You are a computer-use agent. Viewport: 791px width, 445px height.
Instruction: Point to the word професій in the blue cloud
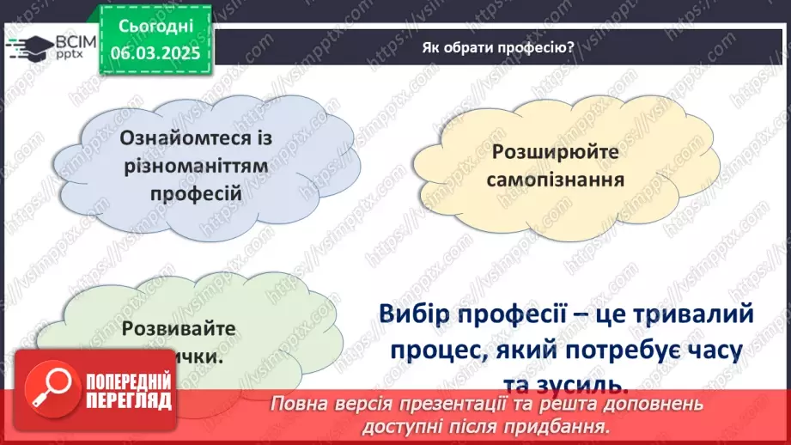click(195, 192)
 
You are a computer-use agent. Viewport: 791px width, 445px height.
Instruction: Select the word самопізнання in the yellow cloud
click(554, 180)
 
